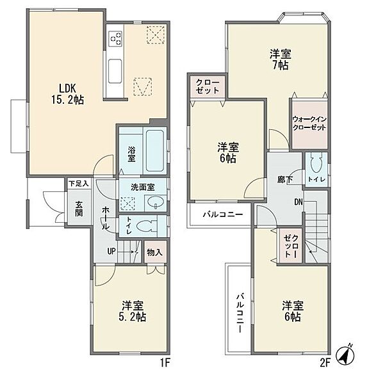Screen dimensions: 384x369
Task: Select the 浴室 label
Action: coord(131,154)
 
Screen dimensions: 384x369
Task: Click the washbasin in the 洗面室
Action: coord(156,204)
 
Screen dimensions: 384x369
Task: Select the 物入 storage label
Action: coord(154,252)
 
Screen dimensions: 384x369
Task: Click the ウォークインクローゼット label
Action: coord(309,124)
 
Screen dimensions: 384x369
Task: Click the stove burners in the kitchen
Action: coord(116,38)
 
